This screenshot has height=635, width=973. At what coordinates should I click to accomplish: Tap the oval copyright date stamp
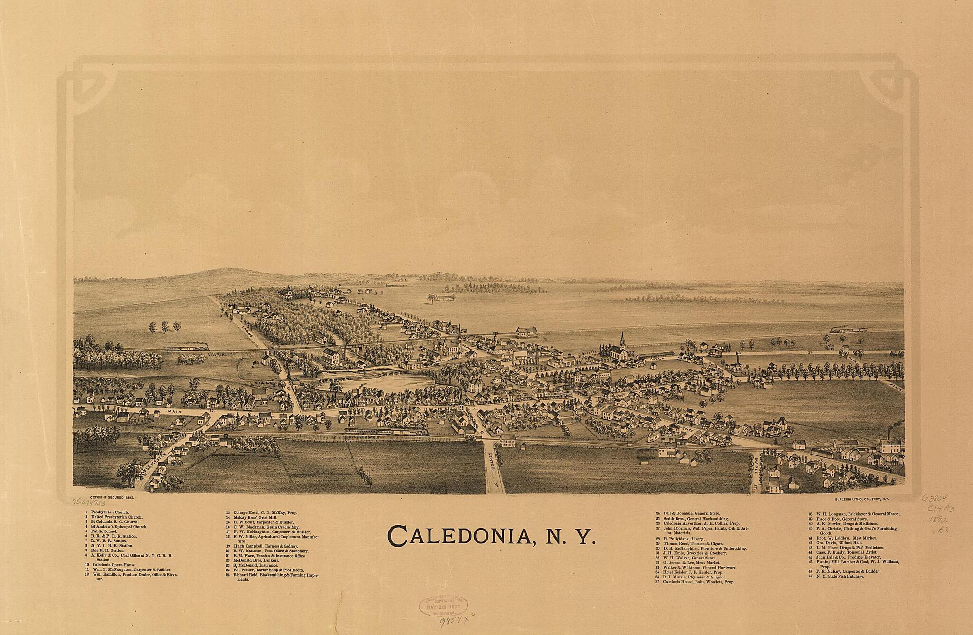[x=443, y=606]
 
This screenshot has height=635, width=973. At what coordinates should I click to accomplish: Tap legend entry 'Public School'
[x=105, y=531]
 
